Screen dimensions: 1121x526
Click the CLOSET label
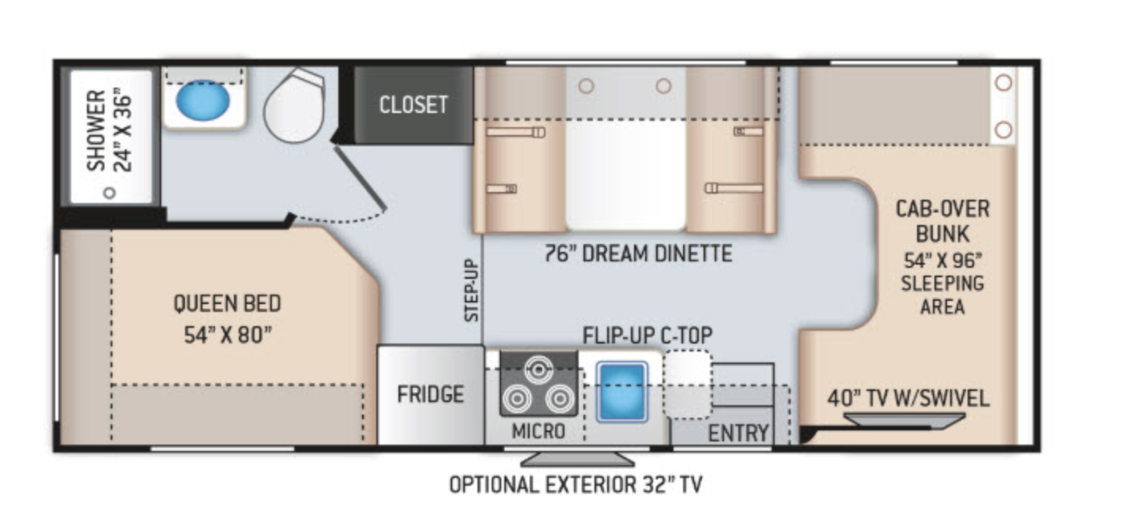(x=413, y=105)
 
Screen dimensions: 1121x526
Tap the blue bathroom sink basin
(x=202, y=100)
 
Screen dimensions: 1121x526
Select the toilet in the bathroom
(x=294, y=106)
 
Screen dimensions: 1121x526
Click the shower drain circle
(x=109, y=193)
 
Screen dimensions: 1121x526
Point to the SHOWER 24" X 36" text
(x=109, y=130)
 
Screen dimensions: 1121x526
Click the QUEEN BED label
(x=227, y=303)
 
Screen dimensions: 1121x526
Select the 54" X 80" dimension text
(x=228, y=335)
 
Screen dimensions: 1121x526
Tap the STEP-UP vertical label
(x=471, y=290)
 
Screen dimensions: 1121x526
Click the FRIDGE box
(x=430, y=395)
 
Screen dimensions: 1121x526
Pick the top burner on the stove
(x=538, y=370)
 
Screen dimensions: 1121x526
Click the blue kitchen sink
(x=622, y=392)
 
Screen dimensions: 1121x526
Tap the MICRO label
(x=538, y=431)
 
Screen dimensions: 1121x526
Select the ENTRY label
(x=738, y=433)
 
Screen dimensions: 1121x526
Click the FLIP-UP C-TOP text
(x=647, y=335)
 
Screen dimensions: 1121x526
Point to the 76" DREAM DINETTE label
(x=639, y=254)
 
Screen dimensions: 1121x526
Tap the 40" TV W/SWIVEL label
(x=908, y=399)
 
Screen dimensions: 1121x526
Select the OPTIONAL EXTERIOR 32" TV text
(x=576, y=484)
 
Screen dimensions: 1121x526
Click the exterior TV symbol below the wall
(x=578, y=459)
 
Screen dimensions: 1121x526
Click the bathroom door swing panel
(x=360, y=178)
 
